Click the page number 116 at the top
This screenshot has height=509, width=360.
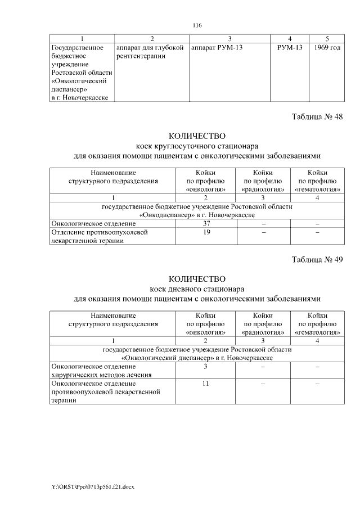click(197, 25)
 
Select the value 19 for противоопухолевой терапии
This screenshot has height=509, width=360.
click(206, 232)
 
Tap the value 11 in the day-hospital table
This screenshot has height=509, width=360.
click(206, 383)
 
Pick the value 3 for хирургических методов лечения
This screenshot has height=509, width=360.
click(206, 366)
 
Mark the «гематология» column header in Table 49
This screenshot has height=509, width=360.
click(318, 332)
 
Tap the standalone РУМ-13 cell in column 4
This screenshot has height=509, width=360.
click(290, 48)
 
